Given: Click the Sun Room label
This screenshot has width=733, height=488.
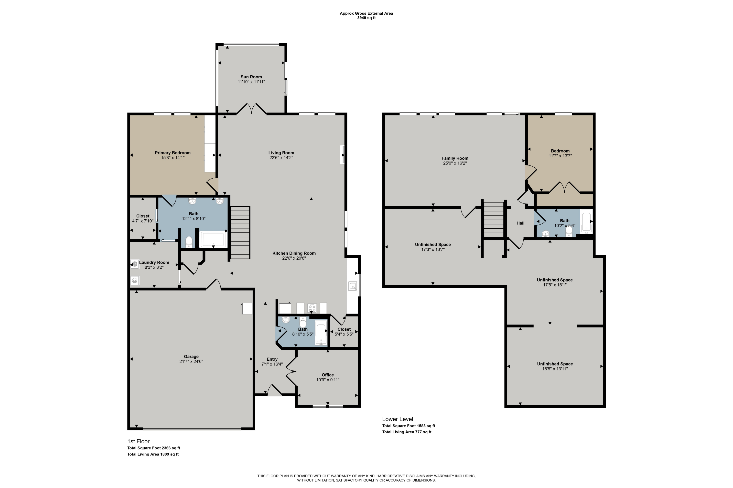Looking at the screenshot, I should point(251,77).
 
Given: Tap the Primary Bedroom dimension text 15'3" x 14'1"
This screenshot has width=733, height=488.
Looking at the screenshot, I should point(173,158).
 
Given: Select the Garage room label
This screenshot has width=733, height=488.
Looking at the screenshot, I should point(191,357).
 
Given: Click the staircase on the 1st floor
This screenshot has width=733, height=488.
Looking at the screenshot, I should point(240,232).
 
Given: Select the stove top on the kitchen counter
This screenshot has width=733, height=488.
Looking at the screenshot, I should point(312,308).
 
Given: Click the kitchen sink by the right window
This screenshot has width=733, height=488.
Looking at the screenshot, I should point(353,286).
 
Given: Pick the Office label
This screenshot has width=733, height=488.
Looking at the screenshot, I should point(328,375).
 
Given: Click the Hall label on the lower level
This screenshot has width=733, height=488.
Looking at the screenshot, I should point(520,223).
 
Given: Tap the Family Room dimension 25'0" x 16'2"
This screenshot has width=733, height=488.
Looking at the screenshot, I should point(455,163).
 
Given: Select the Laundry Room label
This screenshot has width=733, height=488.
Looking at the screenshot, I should point(154,262).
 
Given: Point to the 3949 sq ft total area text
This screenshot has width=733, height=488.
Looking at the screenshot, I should point(366,18).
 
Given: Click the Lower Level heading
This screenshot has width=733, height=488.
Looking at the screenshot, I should point(397,419).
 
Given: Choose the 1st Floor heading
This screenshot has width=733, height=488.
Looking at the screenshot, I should point(138,441).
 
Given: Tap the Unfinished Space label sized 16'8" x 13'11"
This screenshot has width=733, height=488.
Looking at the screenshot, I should point(555,364).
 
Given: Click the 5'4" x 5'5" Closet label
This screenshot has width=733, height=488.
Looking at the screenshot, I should point(344,329).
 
